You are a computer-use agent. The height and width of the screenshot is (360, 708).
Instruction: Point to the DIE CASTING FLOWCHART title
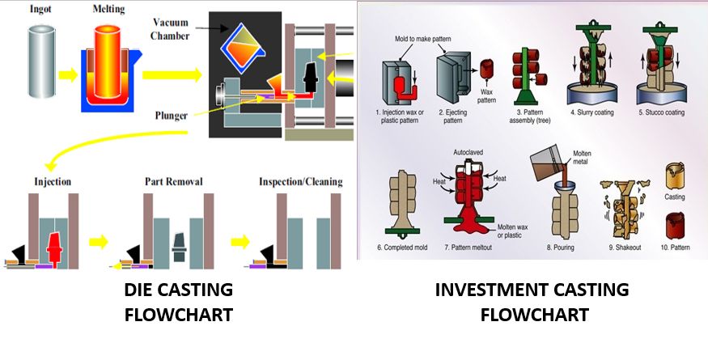(179, 302)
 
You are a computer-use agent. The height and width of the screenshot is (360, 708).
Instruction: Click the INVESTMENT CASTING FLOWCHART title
(531, 302)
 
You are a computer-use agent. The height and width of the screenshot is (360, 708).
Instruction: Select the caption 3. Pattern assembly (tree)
(528, 117)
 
